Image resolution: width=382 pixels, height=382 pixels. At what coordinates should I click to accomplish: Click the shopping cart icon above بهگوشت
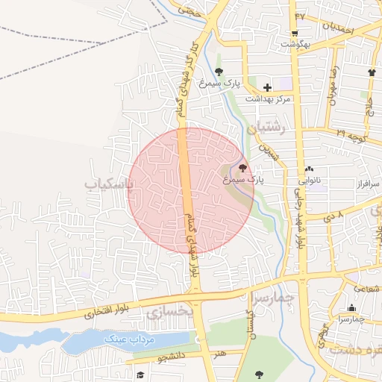(x=295, y=33)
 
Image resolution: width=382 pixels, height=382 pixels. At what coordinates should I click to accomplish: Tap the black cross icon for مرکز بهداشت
(x=267, y=87)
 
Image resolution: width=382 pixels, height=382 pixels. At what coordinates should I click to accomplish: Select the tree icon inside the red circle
(x=242, y=168)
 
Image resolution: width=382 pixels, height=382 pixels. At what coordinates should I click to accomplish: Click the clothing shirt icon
(x=371, y=72)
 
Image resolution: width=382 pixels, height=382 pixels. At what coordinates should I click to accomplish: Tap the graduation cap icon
(x=140, y=375)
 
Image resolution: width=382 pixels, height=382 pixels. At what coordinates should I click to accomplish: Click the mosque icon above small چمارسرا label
(x=351, y=308)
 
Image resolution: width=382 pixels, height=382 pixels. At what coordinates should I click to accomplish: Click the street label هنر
(x=218, y=354)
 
